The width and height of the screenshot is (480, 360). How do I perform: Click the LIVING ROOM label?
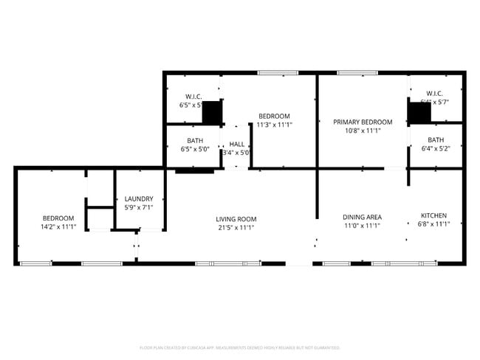coord(236,218)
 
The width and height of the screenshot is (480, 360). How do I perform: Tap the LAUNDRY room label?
coord(139,198)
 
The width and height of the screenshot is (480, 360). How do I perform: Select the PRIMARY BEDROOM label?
coord(362,122)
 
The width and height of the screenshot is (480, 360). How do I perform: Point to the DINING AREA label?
coord(362,217)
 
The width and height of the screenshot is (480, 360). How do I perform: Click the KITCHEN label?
coord(433,215)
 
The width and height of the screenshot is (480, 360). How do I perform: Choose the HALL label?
coord(237,144)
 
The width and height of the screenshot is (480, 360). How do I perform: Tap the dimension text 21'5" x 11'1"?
coord(236,228)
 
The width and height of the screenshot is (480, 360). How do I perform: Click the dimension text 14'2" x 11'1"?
coord(58,227)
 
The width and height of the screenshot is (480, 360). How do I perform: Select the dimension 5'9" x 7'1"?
coord(139,207)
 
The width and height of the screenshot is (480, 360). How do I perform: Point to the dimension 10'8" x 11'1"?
coord(362,131)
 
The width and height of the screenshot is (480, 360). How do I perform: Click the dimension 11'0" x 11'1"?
coord(362,226)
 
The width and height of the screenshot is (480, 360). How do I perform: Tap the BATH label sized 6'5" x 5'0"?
coord(195,140)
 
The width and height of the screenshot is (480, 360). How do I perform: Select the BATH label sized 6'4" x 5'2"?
coord(436,139)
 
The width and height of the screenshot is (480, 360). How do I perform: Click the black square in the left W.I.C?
coord(212,112)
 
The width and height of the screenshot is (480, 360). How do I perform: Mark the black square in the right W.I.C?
coord(419,113)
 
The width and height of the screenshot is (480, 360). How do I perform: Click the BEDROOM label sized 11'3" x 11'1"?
coord(274,116)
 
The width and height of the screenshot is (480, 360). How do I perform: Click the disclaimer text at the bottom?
coord(240,347)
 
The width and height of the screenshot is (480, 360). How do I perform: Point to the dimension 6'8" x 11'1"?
coord(433,224)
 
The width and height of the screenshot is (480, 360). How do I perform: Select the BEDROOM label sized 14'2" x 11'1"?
coord(58,218)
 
